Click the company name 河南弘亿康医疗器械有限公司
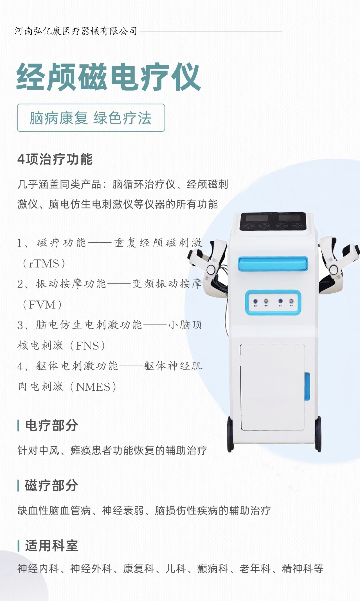point(76,31)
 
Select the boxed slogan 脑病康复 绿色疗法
point(91,118)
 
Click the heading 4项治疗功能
point(55,159)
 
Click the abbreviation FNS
point(87,346)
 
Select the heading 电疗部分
point(51,425)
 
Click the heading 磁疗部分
point(51,485)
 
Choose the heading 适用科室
point(51,546)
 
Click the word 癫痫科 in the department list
point(213,569)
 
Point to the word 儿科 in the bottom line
point(176,569)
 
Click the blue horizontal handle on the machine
point(273,264)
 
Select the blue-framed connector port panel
point(273,303)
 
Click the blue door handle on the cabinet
point(307,387)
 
